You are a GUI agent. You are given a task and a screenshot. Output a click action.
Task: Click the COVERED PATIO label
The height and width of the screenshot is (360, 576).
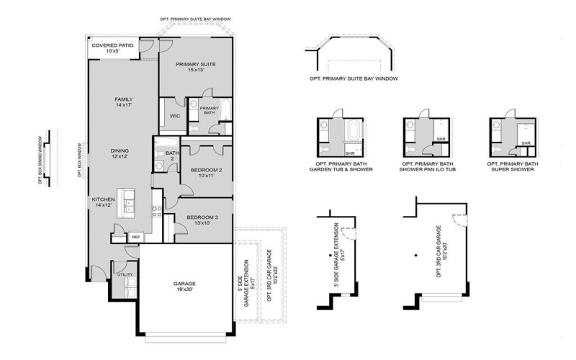point(112,48)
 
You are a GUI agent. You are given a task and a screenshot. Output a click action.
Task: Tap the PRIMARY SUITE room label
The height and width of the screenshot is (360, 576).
point(196,68)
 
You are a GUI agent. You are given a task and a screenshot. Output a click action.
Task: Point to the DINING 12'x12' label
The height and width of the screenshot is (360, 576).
point(120,153)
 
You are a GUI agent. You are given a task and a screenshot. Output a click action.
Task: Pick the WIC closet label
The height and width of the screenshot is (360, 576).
point(174,116)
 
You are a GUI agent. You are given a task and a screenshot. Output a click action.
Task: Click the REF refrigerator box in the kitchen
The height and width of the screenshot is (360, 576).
point(135,236)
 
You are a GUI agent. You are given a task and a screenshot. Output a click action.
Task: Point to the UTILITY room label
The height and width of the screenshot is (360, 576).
point(124,274)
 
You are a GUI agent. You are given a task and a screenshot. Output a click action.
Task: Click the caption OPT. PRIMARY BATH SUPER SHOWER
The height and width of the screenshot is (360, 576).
point(512,168)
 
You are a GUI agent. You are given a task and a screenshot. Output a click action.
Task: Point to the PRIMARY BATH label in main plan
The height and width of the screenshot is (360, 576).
point(208,110)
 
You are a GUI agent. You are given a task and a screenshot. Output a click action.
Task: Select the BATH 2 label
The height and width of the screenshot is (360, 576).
point(171,156)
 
